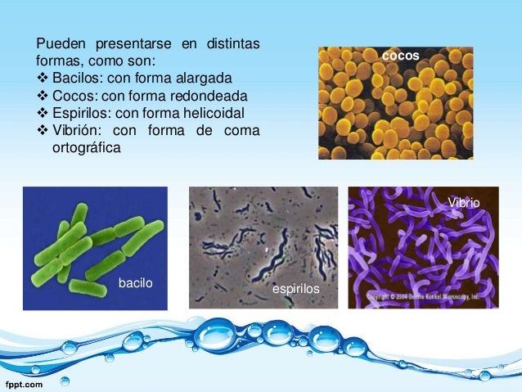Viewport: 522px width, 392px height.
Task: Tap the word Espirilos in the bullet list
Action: [x=80, y=113]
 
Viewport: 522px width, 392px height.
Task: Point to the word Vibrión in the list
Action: [x=76, y=131]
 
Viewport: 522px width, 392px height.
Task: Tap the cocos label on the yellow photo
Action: [x=401, y=56]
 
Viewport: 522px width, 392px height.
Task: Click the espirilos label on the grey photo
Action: [x=295, y=291]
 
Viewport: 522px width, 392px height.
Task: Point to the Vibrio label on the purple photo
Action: [x=464, y=201]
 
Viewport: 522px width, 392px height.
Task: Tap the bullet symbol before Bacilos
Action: [x=43, y=79]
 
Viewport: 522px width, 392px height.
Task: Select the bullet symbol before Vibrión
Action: [x=43, y=131]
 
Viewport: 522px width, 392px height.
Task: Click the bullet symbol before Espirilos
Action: [x=43, y=113]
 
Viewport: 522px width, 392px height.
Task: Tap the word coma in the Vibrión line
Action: [x=242, y=131]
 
